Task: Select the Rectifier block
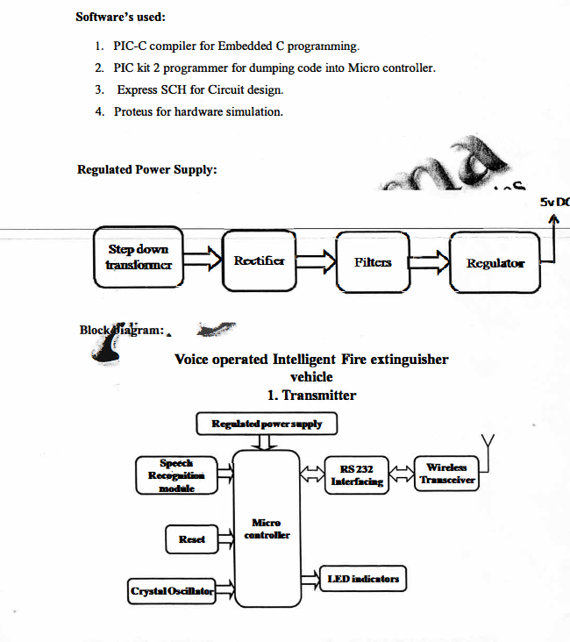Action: tap(259, 260)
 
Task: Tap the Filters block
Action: tap(373, 261)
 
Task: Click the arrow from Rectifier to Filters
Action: tap(316, 260)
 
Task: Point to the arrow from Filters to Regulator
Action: tap(430, 261)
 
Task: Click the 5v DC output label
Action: tap(554, 202)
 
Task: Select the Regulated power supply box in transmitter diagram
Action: tap(267, 424)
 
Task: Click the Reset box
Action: tap(191, 539)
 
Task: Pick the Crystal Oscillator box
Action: tap(172, 592)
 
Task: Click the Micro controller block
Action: tap(267, 528)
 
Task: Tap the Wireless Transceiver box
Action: tap(446, 474)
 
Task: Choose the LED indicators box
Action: tap(363, 579)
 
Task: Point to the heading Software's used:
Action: tap(120, 17)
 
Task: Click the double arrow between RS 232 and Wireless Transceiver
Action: tap(401, 474)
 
